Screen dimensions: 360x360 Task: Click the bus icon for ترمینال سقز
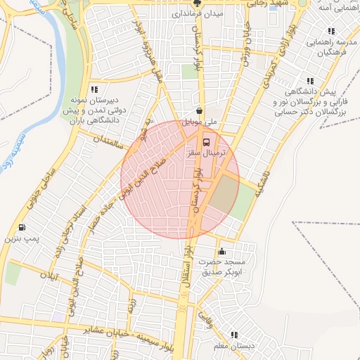point(205,141)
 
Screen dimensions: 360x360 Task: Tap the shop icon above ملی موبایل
point(200,110)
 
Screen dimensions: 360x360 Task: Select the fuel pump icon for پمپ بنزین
point(22,227)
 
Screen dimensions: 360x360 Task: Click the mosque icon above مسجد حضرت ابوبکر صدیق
point(222,251)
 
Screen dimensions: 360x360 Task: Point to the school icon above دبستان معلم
point(234,335)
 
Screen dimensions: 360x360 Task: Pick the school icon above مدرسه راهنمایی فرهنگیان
point(330,32)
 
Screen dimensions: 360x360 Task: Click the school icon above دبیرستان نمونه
point(94,89)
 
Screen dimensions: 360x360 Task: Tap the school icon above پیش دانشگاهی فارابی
point(310,81)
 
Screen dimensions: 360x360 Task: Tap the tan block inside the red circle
point(224,193)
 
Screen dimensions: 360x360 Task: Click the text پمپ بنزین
point(20,240)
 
